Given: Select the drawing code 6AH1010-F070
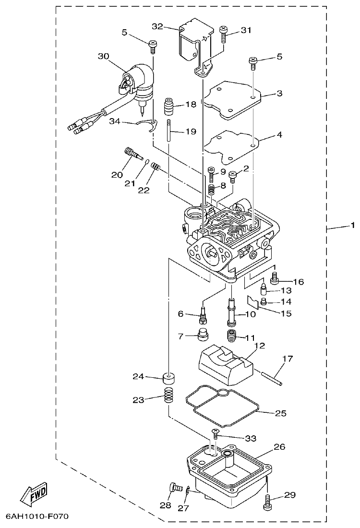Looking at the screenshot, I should [37, 516].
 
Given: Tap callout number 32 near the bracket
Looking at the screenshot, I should [158, 26].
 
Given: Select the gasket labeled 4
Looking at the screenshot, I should [231, 143].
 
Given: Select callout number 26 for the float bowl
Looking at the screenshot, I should [279, 447].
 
